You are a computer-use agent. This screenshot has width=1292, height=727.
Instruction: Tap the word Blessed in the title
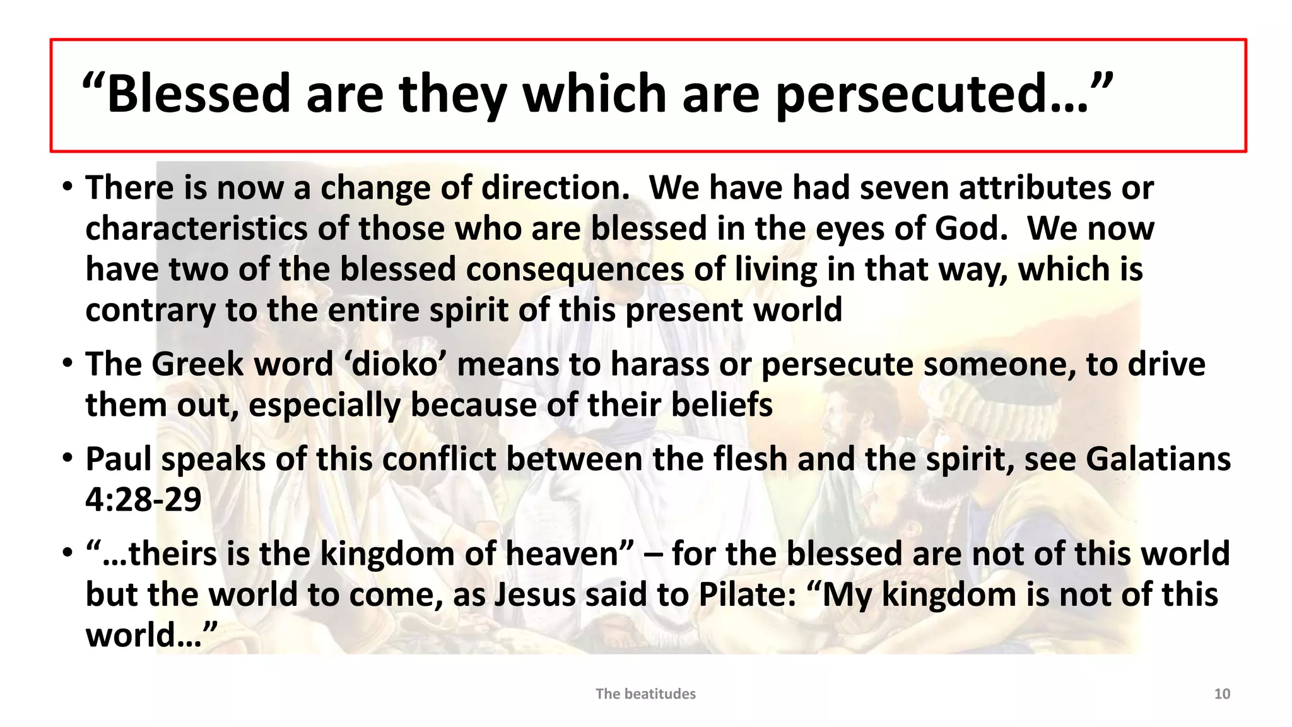pos(199,95)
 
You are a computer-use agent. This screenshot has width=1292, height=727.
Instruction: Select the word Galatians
pos(1158,459)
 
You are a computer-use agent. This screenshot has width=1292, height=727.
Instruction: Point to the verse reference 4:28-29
pos(143,499)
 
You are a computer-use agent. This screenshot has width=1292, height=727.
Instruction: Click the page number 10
pos(1222,694)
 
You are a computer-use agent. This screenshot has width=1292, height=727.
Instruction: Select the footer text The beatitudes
pos(645,694)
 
